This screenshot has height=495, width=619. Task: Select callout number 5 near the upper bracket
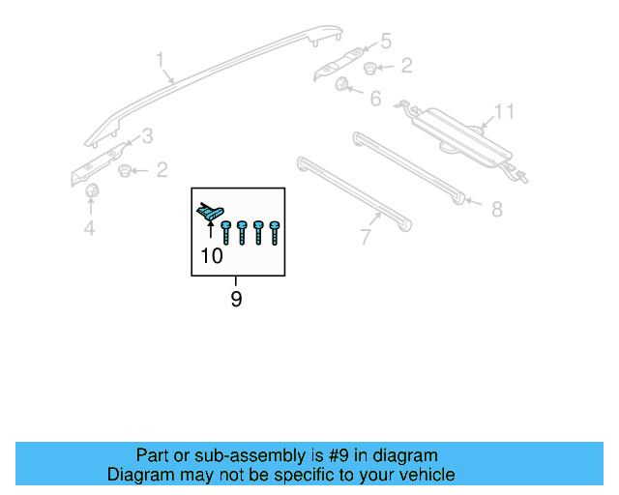(x=386, y=41)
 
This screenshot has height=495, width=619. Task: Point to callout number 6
(x=374, y=98)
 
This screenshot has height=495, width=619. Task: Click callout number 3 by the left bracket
(x=147, y=135)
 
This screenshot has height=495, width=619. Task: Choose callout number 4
(x=89, y=228)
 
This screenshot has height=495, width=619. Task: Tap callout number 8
(x=497, y=207)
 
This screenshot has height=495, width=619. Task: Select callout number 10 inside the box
(x=211, y=256)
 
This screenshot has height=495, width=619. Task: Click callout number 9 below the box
(x=236, y=300)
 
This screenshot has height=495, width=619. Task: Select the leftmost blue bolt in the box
(x=226, y=232)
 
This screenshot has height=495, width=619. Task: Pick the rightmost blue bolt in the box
(x=275, y=232)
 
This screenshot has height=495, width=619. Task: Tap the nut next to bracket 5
(x=371, y=67)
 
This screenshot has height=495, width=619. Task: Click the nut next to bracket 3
(x=125, y=171)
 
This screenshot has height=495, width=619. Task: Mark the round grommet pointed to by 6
(x=343, y=86)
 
